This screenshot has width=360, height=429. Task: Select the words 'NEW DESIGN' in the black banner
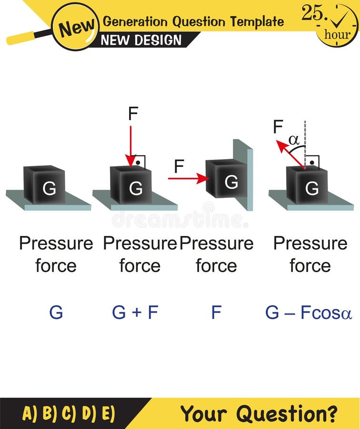[141, 40]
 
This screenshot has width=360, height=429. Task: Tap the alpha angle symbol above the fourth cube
[293, 140]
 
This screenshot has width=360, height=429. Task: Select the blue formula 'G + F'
[135, 313]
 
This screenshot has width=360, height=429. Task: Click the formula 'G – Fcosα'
[309, 313]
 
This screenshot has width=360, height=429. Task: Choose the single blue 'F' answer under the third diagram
[216, 313]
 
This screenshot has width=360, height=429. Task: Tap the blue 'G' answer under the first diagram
[56, 313]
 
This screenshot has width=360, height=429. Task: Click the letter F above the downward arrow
[133, 113]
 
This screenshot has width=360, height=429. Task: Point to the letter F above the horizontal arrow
[179, 166]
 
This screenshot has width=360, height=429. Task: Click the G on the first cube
[49, 189]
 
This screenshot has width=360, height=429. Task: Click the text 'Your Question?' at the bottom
[259, 413]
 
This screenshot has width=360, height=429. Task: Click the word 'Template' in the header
[257, 21]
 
